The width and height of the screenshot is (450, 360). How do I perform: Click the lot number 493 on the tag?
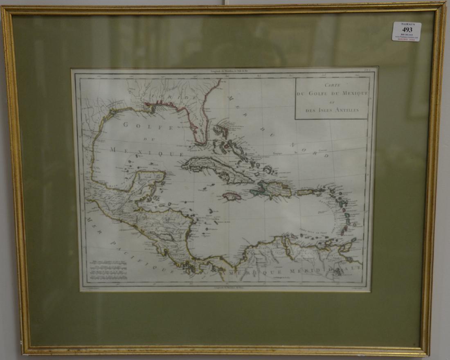[407, 29]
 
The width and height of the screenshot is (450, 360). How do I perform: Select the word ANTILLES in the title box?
[346, 110]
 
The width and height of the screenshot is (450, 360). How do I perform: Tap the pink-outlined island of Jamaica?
[232, 196]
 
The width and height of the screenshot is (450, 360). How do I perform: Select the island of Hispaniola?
[272, 189]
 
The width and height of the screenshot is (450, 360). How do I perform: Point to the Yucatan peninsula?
[149, 180]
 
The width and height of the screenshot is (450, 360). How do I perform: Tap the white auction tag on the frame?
[407, 32]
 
